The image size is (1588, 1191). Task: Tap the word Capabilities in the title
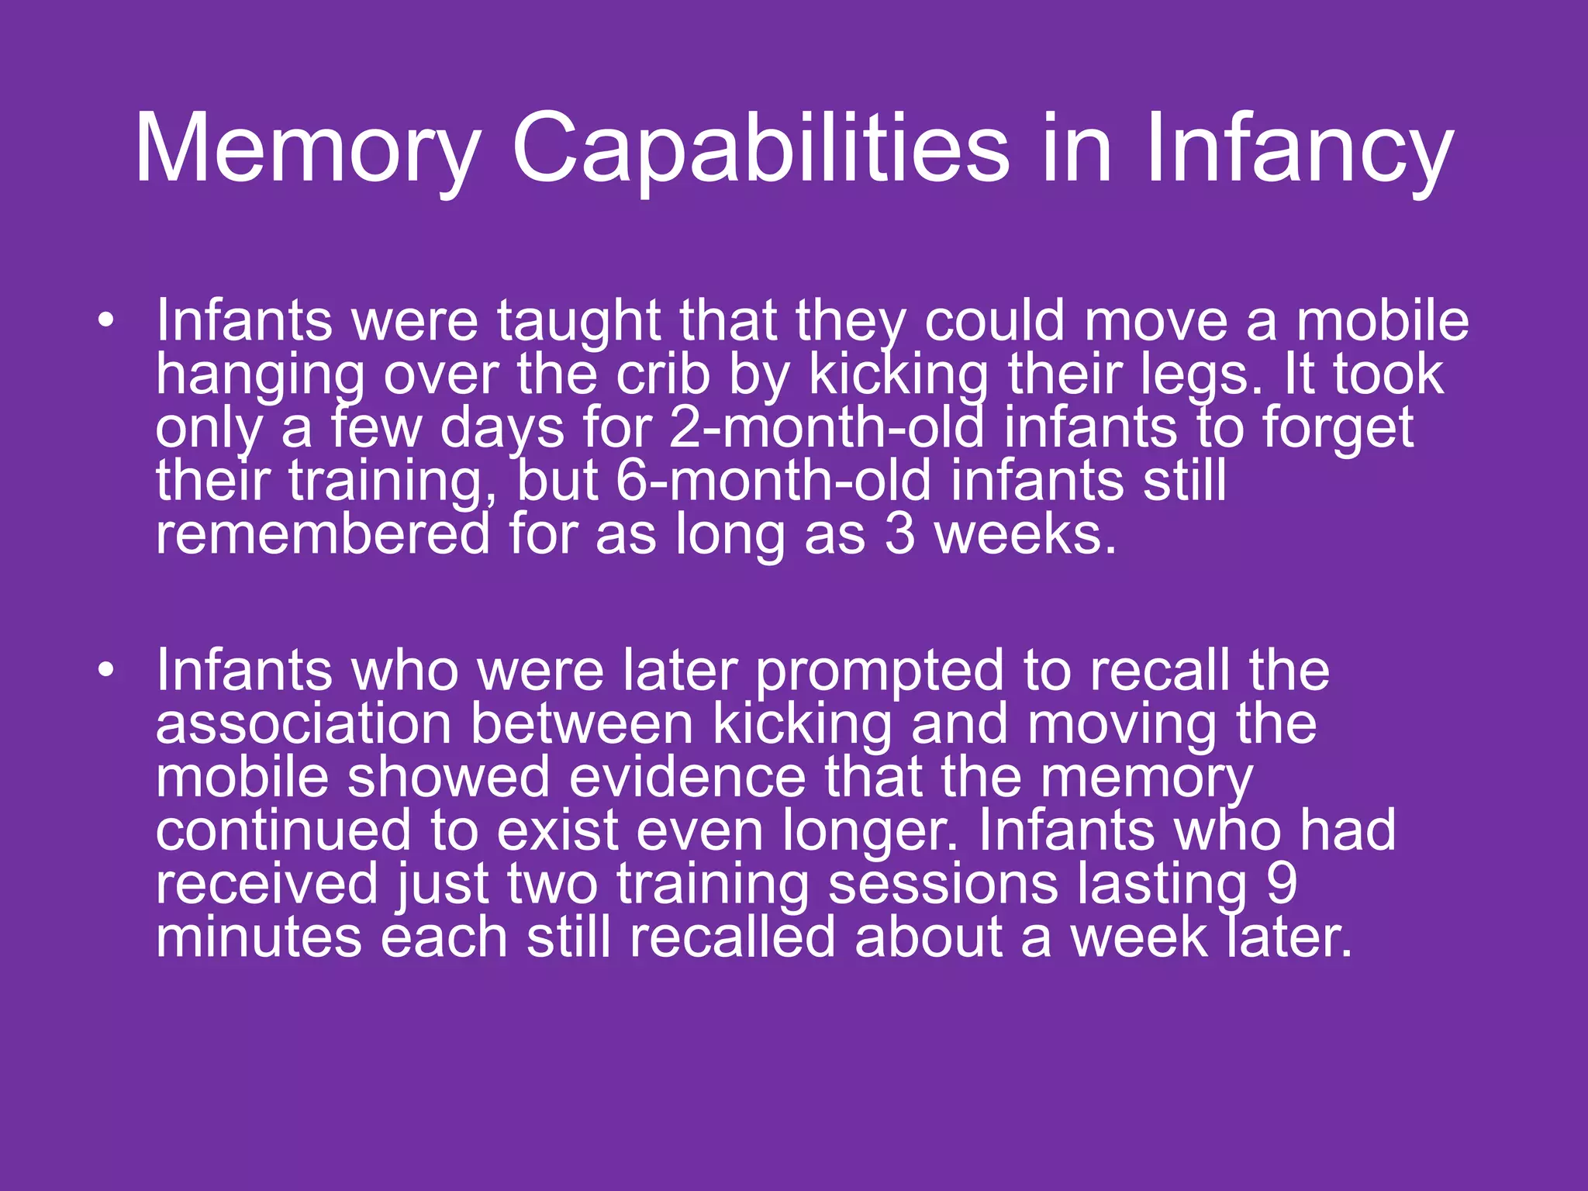click(x=760, y=149)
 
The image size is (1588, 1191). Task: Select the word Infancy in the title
click(x=1298, y=149)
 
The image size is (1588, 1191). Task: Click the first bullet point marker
click(x=106, y=320)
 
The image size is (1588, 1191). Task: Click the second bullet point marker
click(x=106, y=669)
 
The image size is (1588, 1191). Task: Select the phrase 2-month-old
click(x=827, y=428)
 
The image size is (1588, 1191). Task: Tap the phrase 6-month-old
click(x=773, y=481)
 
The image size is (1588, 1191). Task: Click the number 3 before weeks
click(x=899, y=535)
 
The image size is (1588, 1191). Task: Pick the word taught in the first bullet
click(x=578, y=321)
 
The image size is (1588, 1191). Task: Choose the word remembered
click(x=323, y=535)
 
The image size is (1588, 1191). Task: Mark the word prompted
click(x=879, y=671)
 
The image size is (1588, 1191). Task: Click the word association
click(x=303, y=724)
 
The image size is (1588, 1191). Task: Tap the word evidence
click(x=687, y=778)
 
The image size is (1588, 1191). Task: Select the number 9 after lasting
click(x=1282, y=884)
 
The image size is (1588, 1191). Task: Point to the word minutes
click(x=259, y=937)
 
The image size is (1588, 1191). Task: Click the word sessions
click(x=942, y=884)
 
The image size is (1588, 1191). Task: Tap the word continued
click(x=283, y=831)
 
